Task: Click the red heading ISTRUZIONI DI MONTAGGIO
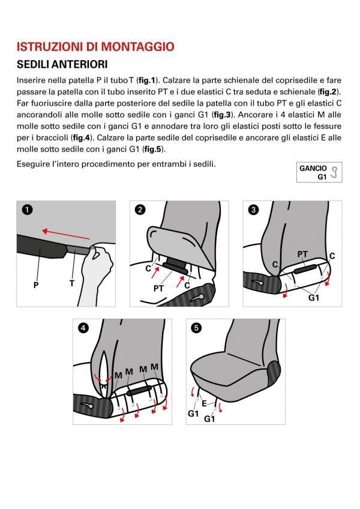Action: tap(95, 46)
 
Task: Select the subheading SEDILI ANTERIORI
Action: tap(62, 64)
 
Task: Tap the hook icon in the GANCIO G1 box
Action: tap(335, 173)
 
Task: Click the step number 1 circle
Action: tap(26, 209)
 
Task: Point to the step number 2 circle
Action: tap(140, 209)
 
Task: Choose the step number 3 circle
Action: tap(253, 209)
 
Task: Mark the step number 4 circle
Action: tap(83, 328)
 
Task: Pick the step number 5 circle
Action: tap(196, 328)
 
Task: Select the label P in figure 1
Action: tap(36, 285)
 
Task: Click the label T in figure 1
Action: tap(71, 283)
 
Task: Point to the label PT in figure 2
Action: tap(158, 288)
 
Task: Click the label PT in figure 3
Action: tap(303, 254)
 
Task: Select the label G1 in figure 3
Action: tap(314, 297)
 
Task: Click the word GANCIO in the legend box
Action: tap(313, 169)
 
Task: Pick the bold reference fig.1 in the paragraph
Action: tap(146, 80)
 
